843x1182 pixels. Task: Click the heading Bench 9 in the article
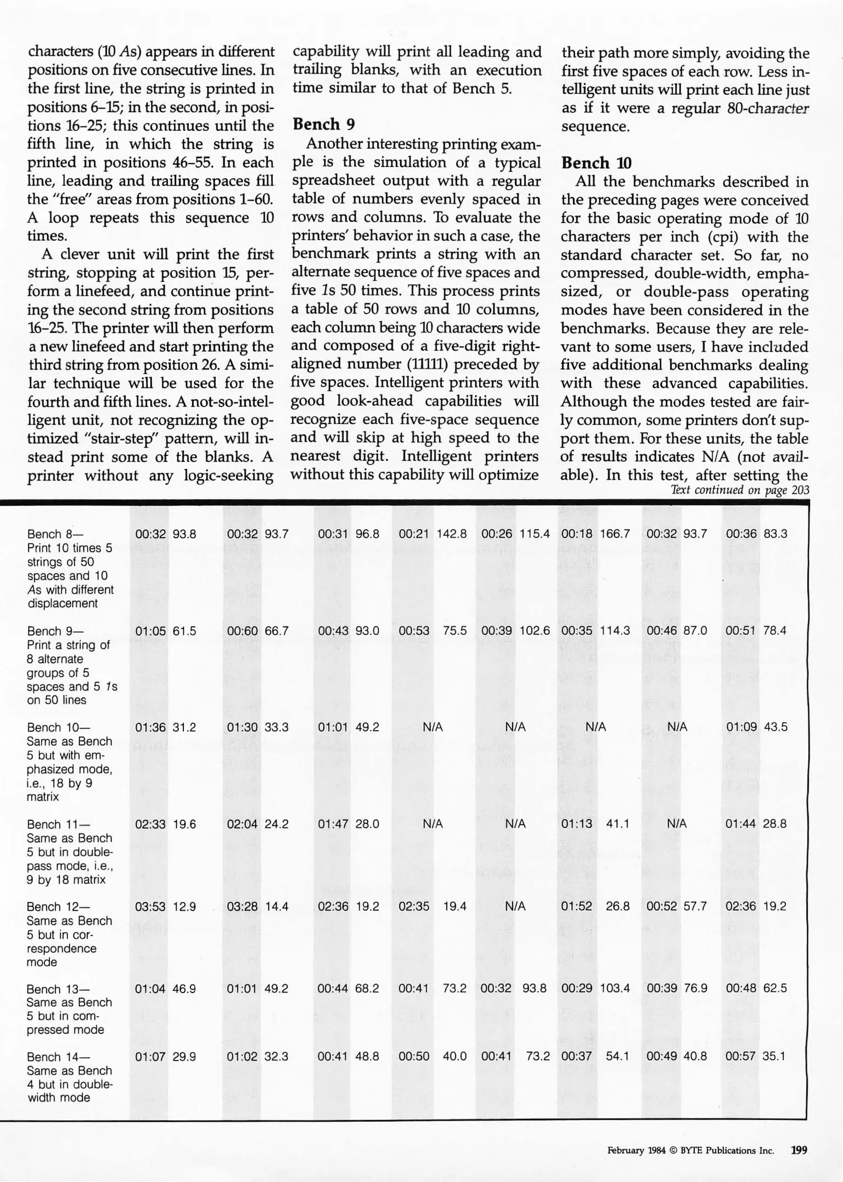click(x=323, y=125)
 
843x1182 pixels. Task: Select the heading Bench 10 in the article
click(x=596, y=163)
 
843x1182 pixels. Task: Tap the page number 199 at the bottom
click(x=799, y=1150)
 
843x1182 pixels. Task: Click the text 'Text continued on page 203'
click(x=739, y=490)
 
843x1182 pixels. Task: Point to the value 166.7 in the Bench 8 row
click(x=615, y=534)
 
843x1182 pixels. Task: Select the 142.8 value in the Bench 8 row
click(x=451, y=534)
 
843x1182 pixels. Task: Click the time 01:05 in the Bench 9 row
click(x=150, y=630)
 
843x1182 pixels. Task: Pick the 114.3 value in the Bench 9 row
click(x=615, y=630)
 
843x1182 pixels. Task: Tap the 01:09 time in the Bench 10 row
click(x=741, y=727)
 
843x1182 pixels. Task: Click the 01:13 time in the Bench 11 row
click(x=577, y=824)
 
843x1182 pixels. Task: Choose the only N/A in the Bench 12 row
click(x=515, y=906)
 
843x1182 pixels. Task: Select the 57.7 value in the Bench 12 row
click(x=695, y=906)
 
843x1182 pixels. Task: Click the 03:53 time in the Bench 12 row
click(x=150, y=906)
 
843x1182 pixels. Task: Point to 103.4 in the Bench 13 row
click(x=615, y=988)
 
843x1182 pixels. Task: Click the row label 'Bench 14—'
click(x=58, y=1057)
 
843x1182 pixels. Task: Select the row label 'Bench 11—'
click(x=58, y=824)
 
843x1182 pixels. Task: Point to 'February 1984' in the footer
click(x=636, y=1150)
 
